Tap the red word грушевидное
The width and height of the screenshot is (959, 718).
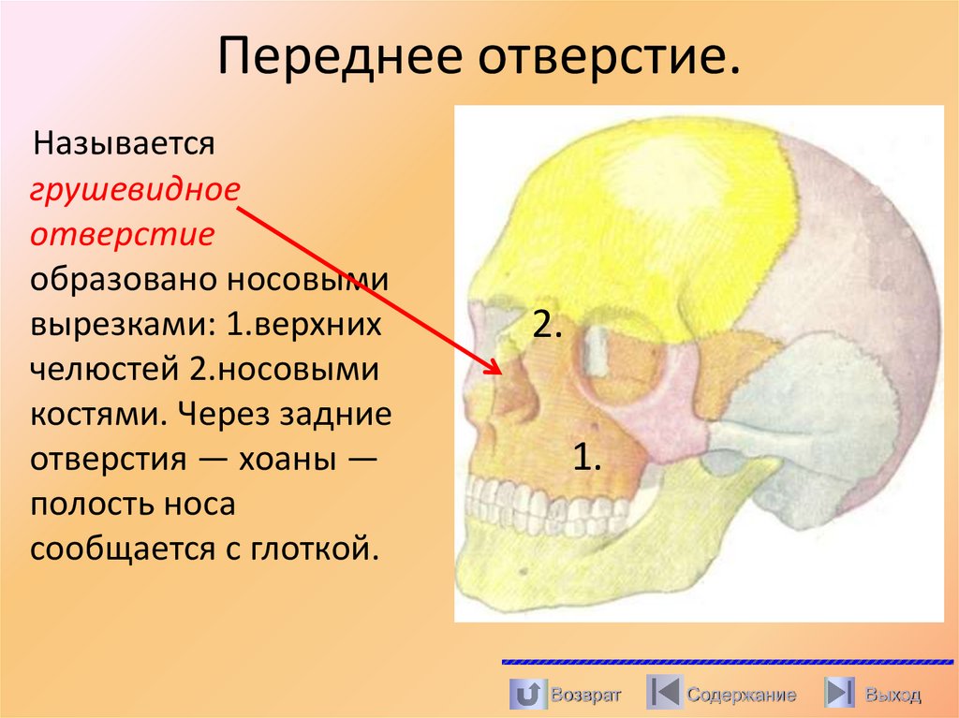(136, 189)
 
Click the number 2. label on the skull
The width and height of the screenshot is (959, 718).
(547, 324)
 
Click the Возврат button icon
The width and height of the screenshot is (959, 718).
(526, 695)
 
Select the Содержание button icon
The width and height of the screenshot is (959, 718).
(664, 694)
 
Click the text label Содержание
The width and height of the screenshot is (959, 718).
(742, 695)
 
